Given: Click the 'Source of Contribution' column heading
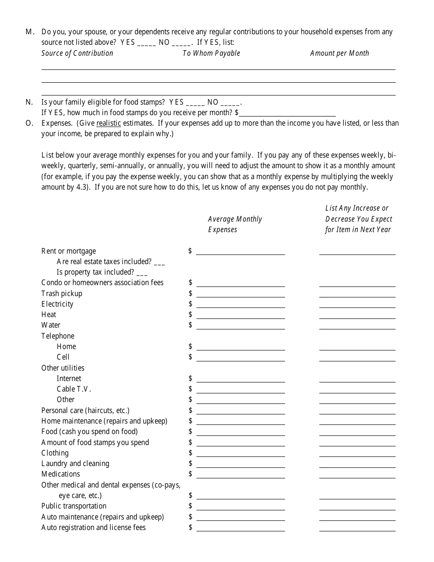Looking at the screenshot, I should coord(77,53).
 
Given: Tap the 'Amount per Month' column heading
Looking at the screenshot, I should coord(339,53).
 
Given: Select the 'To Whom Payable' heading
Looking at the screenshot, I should coord(211,53).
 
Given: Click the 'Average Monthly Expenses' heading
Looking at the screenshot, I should coord(235,224).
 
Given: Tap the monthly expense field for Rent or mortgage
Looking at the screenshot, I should coord(240,251).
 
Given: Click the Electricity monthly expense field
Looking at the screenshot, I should coord(240,304).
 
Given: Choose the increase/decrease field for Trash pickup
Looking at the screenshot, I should coord(357,294).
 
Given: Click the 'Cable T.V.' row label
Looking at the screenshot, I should coord(74,389).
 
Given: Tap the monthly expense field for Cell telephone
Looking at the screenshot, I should coord(240,357).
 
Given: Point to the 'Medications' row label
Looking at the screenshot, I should coord(60,474).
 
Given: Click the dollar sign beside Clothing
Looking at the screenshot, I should coord(190,453).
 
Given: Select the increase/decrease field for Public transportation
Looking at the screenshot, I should coord(357,506).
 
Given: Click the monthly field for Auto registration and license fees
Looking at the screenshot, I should coord(240,528).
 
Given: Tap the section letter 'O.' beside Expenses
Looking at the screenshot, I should coord(29,123).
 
